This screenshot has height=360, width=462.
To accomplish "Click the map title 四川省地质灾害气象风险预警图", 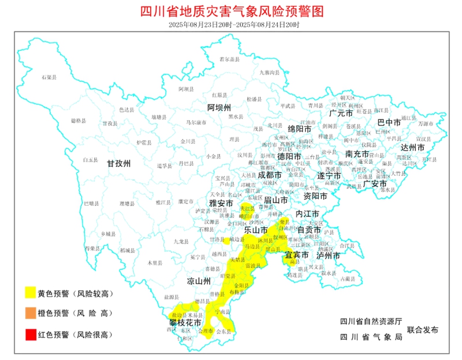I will [231, 11].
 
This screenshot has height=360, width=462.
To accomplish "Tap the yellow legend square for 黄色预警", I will [29, 293].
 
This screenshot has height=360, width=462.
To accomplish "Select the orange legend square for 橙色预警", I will [29, 313].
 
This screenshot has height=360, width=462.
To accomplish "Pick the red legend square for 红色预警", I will [29, 334].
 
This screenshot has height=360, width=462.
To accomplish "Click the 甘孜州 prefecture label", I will [119, 164].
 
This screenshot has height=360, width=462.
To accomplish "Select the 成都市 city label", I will [270, 174].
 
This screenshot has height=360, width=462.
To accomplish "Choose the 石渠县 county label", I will [51, 77].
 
